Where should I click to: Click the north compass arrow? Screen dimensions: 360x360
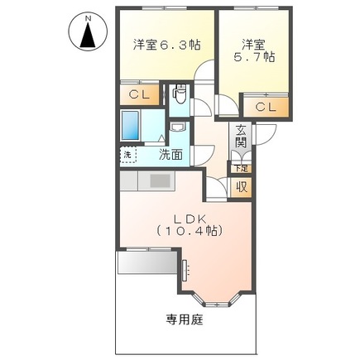click(x=85, y=35)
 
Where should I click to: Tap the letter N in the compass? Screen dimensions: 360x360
click(x=85, y=16)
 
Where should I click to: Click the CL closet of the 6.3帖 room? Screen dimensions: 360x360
click(x=139, y=95)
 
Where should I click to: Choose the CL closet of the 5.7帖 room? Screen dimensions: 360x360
click(x=265, y=107)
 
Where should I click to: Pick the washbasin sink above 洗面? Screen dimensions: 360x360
click(x=177, y=129)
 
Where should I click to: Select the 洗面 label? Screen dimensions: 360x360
click(x=171, y=153)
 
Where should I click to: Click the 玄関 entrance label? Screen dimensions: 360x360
click(x=240, y=136)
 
